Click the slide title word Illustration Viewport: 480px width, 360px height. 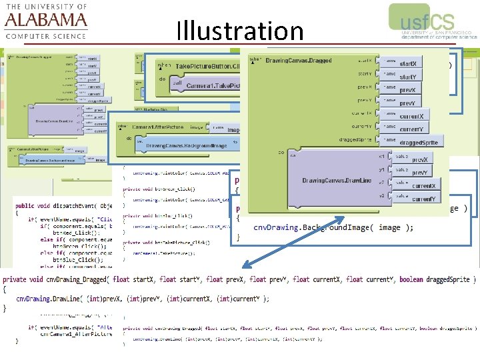click(240, 31)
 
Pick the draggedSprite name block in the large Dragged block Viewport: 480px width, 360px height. click(419, 143)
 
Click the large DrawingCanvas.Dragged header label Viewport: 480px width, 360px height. click(299, 61)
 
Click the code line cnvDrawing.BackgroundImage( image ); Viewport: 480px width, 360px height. click(333, 228)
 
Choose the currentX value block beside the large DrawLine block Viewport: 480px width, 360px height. click(423, 186)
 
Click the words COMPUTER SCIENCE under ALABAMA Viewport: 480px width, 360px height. click(45, 36)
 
